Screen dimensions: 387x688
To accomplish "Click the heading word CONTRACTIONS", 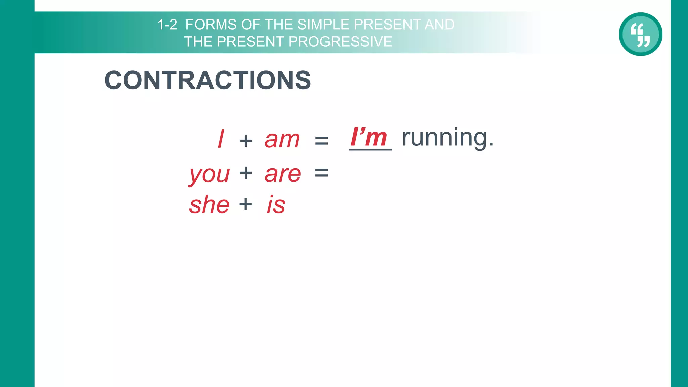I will coord(208,80).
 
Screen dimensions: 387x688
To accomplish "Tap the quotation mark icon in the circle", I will coord(640,34).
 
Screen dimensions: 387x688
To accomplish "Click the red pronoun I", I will coord(221,139).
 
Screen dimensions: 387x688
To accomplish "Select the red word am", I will coord(282,140).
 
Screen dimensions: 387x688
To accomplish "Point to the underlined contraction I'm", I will coord(369,137).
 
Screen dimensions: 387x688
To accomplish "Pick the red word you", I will coord(210,174).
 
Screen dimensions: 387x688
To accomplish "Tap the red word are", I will coord(283,174).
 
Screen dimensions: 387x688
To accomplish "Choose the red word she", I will coord(209,205).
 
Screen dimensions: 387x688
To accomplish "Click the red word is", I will coord(276,205).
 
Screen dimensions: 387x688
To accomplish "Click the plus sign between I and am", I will coord(246,140).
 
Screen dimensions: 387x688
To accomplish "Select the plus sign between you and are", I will coord(246,173).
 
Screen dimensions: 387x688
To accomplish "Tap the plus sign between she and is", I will coord(246,204).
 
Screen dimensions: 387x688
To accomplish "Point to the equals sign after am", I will coord(321,140).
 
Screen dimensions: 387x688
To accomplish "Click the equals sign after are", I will coord(321,173).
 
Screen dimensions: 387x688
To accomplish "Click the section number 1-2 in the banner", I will coord(167,25).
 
